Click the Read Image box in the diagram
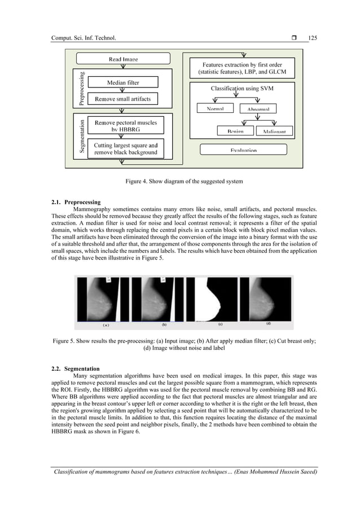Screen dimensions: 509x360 (x=123, y=59)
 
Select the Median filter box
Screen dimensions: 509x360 (x=123, y=83)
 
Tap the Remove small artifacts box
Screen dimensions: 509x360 (x=123, y=99)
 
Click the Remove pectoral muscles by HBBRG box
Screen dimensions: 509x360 (x=126, y=125)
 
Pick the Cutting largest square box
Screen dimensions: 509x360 (x=126, y=148)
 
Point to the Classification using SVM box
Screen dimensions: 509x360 (x=243, y=89)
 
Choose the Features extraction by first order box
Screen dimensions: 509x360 (x=243, y=69)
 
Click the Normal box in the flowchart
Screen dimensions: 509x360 (x=216, y=108)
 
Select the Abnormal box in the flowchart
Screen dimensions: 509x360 (x=258, y=109)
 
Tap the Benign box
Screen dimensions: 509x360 (x=235, y=131)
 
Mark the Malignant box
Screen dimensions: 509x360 (x=274, y=131)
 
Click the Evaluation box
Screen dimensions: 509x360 (x=244, y=150)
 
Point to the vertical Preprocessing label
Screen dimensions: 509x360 (x=82, y=87)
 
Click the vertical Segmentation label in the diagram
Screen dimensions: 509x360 (x=82, y=136)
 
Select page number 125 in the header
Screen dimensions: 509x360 (x=313, y=38)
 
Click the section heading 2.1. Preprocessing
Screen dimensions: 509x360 (x=76, y=201)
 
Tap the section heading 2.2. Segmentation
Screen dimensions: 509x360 (x=75, y=368)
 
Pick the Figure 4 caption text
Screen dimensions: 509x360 (x=179, y=181)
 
